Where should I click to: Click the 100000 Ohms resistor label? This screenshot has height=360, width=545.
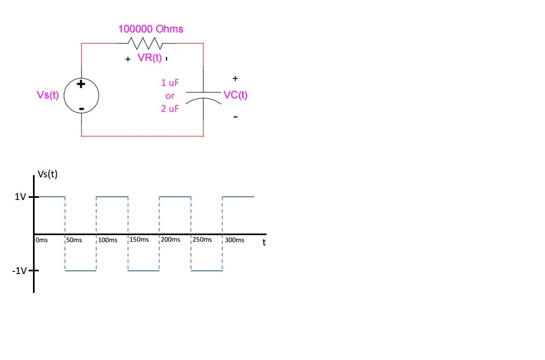pyautogui.click(x=151, y=29)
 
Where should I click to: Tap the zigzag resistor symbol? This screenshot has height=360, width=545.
pyautogui.click(x=143, y=43)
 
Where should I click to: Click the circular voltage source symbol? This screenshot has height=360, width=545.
pyautogui.click(x=81, y=95)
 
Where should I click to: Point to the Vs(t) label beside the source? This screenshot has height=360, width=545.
pyautogui.click(x=48, y=95)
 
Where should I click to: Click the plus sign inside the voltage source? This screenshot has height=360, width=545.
pyautogui.click(x=81, y=84)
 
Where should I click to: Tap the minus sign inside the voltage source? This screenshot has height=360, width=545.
pyautogui.click(x=81, y=109)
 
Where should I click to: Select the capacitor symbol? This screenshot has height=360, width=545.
pyautogui.click(x=203, y=96)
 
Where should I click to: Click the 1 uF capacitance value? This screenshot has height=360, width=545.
pyautogui.click(x=170, y=83)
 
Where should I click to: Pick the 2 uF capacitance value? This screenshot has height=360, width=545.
pyautogui.click(x=170, y=109)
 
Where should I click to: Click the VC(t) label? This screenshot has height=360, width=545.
pyautogui.click(x=235, y=95)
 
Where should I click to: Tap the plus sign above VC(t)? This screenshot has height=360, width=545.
pyautogui.click(x=235, y=79)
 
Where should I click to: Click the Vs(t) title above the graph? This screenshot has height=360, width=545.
pyautogui.click(x=48, y=174)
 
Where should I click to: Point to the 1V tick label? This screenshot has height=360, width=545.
pyautogui.click(x=20, y=197)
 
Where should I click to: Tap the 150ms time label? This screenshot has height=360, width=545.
pyautogui.click(x=139, y=239)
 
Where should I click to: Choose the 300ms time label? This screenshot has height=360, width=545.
pyautogui.click(x=234, y=239)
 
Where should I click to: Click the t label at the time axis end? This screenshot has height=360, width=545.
pyautogui.click(x=264, y=242)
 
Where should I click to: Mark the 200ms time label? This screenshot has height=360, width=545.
pyautogui.click(x=171, y=239)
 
